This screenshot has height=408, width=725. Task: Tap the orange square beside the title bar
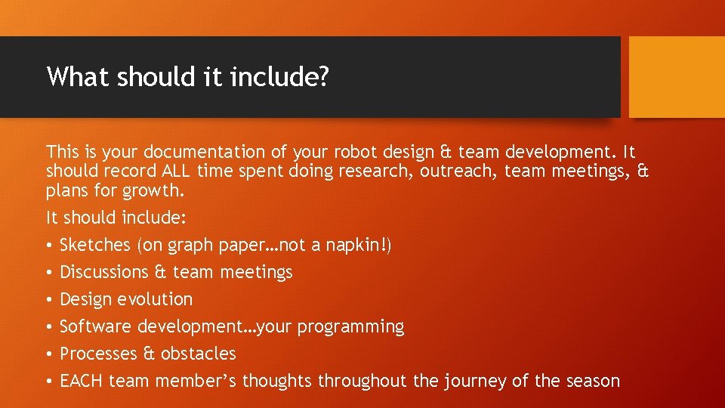point(677,77)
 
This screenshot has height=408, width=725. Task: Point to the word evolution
point(157,299)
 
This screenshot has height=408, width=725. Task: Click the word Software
point(95,326)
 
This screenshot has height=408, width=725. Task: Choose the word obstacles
point(198,354)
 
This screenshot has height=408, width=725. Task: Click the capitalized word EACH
point(82,381)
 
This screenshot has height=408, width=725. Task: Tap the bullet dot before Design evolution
point(49,300)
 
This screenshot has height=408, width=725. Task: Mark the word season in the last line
point(592,381)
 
